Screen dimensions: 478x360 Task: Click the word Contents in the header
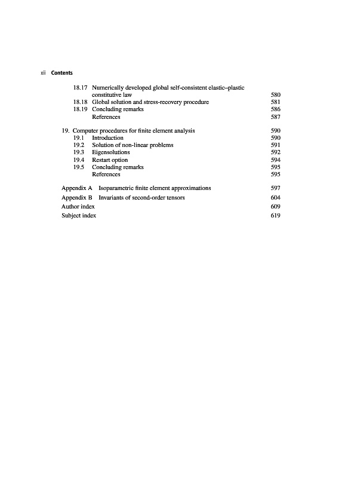tap(62, 73)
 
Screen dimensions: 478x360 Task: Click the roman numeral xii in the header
tap(43, 73)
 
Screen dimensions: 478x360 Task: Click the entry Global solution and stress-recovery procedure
tap(150, 102)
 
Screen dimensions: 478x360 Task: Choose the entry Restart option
tap(110, 160)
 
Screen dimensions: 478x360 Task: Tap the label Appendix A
tap(76, 188)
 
